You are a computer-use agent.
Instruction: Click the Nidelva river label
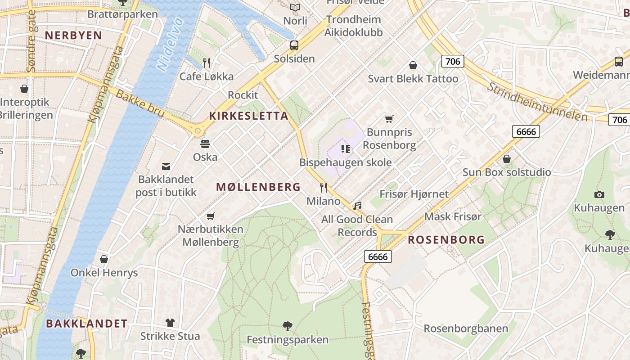click(171, 44)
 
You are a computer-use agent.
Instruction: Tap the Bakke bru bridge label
click(140, 103)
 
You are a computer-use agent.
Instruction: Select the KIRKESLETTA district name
click(248, 116)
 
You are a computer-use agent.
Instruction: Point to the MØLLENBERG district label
click(258, 187)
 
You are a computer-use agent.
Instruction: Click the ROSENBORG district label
click(446, 240)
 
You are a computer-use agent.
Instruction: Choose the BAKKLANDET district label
click(86, 324)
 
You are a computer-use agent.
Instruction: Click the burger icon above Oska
click(205, 144)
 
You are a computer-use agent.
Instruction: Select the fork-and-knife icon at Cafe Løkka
click(207, 63)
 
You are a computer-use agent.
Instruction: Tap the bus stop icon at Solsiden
click(294, 45)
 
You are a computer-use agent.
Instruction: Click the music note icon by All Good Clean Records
click(357, 206)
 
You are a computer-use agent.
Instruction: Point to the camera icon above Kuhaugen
click(599, 194)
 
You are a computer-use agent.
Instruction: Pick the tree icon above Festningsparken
click(287, 326)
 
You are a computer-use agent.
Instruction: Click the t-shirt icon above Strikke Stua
click(170, 322)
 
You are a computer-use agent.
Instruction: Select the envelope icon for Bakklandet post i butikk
click(166, 166)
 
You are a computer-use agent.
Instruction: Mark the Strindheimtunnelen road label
click(537, 102)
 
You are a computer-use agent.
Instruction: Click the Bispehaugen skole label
click(345, 162)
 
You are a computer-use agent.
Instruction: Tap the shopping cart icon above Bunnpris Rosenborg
click(389, 119)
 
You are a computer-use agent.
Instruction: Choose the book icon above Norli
click(295, 8)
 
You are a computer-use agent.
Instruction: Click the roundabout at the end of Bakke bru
click(197, 130)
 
